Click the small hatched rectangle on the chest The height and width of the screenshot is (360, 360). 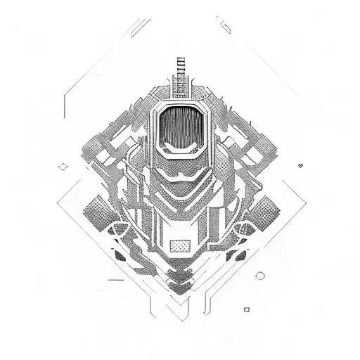point(180,245)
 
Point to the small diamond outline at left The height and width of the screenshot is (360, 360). point(63,166)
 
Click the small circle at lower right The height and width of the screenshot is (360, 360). point(260,275)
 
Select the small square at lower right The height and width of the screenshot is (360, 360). point(246,309)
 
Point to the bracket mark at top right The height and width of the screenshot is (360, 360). point(225,27)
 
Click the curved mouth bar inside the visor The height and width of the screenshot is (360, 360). point(180,148)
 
